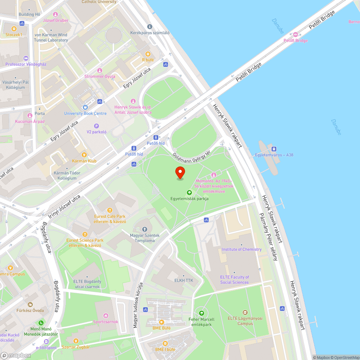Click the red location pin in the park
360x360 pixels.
pos(180,173)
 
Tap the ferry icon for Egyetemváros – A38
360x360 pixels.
pos(274,149)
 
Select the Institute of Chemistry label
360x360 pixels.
pos(242,249)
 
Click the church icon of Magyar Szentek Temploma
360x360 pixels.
pos(145,229)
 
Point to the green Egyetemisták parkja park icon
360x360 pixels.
pos(189,193)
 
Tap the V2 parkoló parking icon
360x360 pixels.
pos(96,126)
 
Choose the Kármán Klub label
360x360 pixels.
pos(84,161)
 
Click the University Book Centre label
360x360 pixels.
pos(85,113)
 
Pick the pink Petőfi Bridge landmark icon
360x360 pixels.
pos(296,35)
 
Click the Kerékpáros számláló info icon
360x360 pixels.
pos(150,27)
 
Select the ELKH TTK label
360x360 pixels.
pos(184,280)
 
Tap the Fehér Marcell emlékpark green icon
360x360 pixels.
pos(201,313)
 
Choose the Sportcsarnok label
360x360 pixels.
pos(105,322)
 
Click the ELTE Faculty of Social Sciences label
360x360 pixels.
pos(234,280)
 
